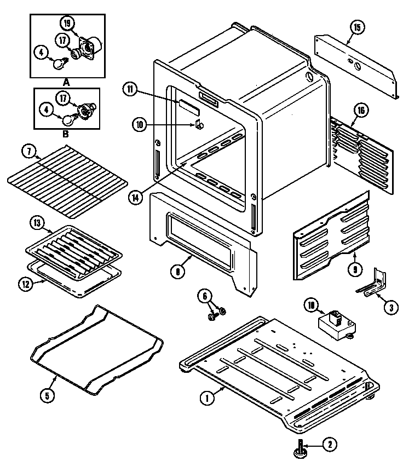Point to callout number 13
(37, 223)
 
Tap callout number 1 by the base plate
(207, 399)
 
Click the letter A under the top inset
(67, 82)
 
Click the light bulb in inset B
(68, 119)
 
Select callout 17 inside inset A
(63, 39)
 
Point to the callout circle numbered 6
(206, 296)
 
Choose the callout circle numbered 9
(356, 269)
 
